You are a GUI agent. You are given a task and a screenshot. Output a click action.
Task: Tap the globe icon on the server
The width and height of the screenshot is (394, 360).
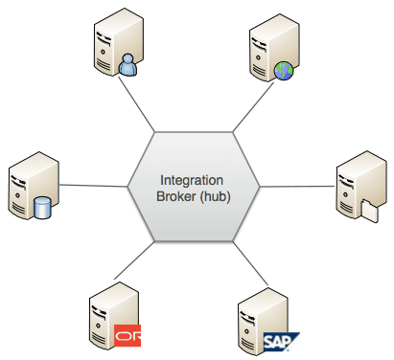tap(282, 69)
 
